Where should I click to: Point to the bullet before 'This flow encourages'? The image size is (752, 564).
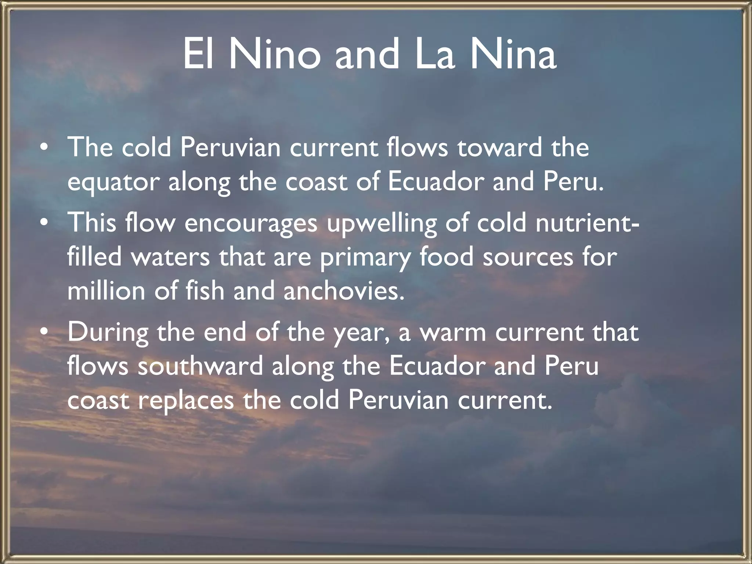click(44, 223)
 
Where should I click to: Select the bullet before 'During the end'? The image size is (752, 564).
click(44, 332)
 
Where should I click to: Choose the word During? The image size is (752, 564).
click(108, 333)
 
